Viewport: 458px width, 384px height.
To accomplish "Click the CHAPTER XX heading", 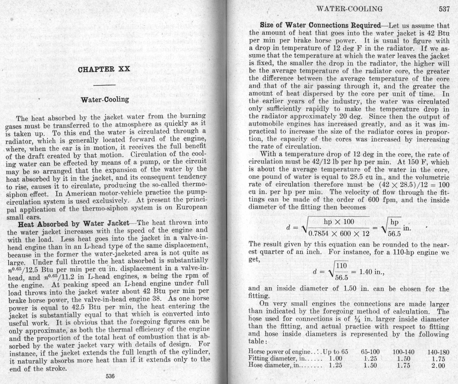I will (104, 69).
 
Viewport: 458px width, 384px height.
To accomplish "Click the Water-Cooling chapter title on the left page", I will (105, 99).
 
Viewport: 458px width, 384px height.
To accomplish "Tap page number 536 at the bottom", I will (110, 376).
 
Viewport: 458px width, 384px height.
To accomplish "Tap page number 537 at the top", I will (444, 9).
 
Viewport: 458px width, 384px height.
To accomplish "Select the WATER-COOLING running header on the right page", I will (350, 9).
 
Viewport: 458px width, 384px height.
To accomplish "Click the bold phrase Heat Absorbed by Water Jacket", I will (73, 224).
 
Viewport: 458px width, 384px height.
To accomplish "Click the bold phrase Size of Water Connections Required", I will (320, 25).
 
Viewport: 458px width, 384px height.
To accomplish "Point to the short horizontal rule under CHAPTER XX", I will (105, 85).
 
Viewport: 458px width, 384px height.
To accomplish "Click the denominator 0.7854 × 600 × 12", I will (339, 233).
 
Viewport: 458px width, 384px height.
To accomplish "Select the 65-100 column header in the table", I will (370, 352).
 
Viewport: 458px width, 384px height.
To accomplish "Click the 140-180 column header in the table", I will (438, 352).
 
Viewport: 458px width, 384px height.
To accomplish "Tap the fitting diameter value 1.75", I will (438, 359).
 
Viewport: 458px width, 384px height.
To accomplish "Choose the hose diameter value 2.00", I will (438, 366).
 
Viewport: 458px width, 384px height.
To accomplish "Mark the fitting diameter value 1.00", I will (336, 358).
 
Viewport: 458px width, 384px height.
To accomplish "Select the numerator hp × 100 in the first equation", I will (339, 222).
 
